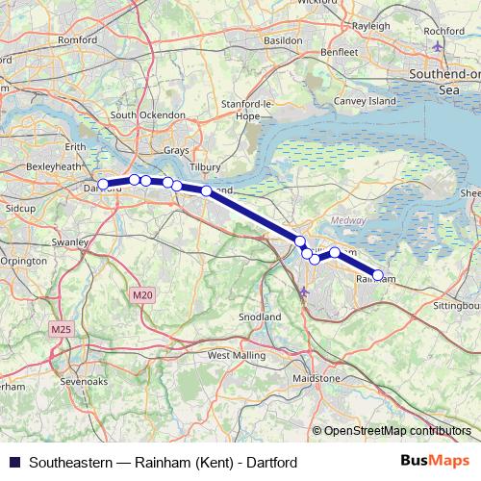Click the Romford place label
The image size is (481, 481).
(79, 41)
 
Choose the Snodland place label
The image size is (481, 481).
(260, 316)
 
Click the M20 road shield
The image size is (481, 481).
(142, 294)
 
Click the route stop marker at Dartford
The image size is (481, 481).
(103, 185)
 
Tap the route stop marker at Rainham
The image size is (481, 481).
(377, 274)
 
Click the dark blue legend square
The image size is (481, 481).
(13, 463)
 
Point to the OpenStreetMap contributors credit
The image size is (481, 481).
(397, 431)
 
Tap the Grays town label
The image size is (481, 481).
(176, 151)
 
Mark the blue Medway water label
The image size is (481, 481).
(355, 219)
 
